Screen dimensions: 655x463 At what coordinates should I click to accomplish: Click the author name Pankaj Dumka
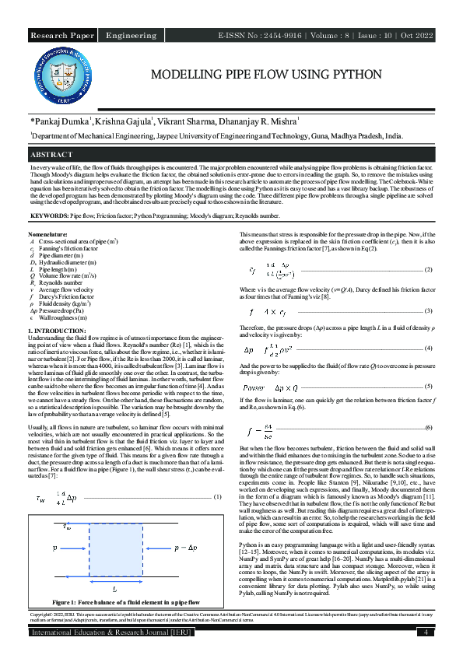coord(61,122)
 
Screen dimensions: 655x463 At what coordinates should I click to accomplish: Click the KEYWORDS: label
coord(48,214)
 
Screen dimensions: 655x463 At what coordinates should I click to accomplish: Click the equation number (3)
coord(428,310)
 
